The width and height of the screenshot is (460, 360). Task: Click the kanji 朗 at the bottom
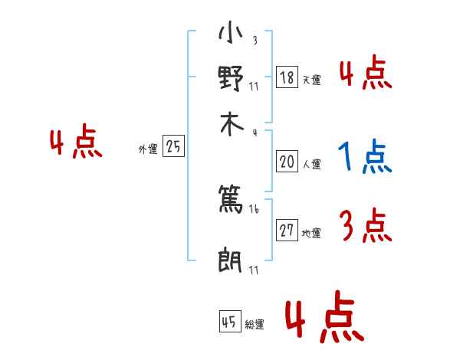pyautogui.click(x=231, y=261)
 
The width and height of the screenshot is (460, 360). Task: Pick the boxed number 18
pyautogui.click(x=287, y=78)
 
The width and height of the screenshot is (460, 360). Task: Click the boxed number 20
pyautogui.click(x=287, y=162)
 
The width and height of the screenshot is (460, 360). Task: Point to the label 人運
pyautogui.click(x=311, y=164)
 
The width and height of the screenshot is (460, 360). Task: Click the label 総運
pyautogui.click(x=255, y=325)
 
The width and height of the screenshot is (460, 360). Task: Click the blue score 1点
pyautogui.click(x=364, y=158)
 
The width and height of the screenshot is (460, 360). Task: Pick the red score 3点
pyautogui.click(x=365, y=226)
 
